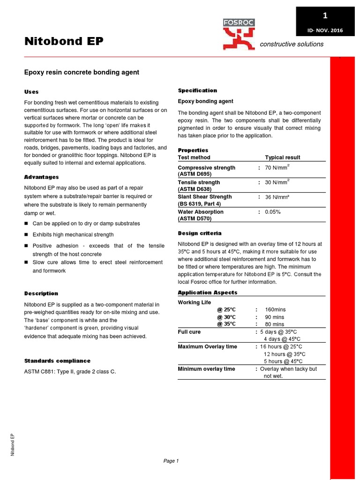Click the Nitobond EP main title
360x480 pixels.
click(x=64, y=42)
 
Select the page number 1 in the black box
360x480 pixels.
click(x=325, y=16)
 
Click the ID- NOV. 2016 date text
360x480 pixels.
click(x=325, y=30)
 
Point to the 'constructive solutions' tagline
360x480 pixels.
click(x=292, y=44)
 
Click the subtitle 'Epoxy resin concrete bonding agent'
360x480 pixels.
click(x=82, y=73)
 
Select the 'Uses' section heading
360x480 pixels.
click(x=31, y=92)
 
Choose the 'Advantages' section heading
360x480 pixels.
click(x=41, y=177)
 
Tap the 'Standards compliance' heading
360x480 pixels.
click(x=57, y=361)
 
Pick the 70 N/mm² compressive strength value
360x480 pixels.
click(x=277, y=167)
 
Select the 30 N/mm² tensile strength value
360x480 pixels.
click(x=277, y=182)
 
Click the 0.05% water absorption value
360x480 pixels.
click(x=273, y=212)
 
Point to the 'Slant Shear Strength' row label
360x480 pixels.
click(x=205, y=197)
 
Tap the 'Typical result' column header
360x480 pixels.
click(x=283, y=157)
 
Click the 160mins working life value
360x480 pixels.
click(x=275, y=310)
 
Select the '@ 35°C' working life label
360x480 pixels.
click(x=227, y=324)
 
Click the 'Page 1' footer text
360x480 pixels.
click(x=171, y=461)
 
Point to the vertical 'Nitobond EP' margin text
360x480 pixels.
click(x=13, y=444)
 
